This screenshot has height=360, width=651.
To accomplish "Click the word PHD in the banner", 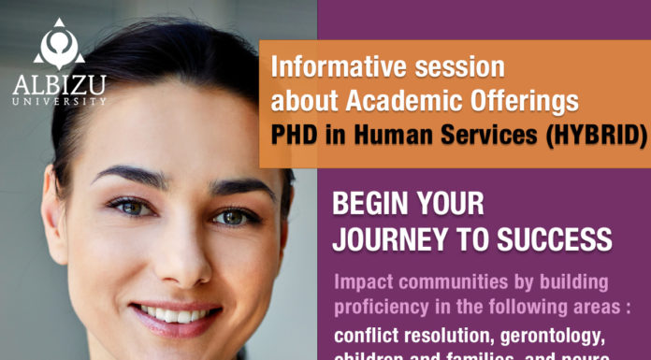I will click(x=293, y=136).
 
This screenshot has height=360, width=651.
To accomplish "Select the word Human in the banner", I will click(x=391, y=136).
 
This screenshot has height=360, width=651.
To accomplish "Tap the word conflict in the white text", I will click(x=369, y=335).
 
